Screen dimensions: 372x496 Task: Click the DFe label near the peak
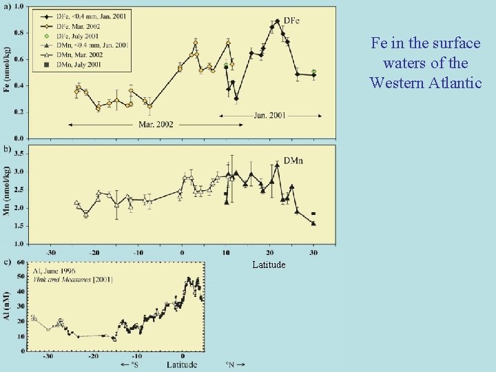pos(292,21)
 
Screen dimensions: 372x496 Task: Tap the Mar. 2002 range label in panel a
pos(156,124)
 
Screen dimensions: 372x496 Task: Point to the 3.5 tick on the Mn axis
pos(19,153)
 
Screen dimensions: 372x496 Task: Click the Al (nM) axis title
pos(8,307)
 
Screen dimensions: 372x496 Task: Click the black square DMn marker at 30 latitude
pos(313,214)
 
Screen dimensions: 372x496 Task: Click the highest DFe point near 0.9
pos(277,21)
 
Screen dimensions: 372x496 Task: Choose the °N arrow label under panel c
pos(235,364)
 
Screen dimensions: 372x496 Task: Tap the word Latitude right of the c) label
pos(268,265)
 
